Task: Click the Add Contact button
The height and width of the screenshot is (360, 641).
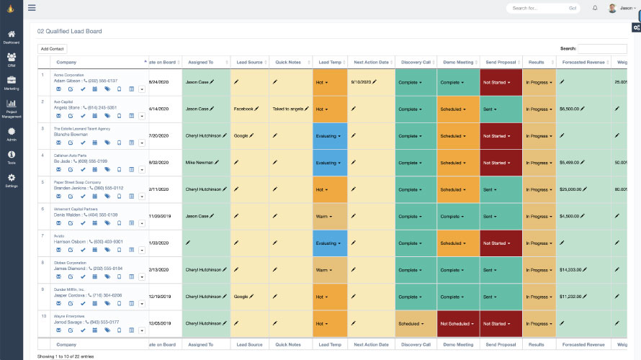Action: click(x=52, y=48)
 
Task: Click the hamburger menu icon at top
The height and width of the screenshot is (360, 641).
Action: click(x=32, y=8)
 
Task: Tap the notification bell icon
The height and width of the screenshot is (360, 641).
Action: click(x=595, y=8)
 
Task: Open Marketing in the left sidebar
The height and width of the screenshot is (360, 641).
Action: click(x=12, y=82)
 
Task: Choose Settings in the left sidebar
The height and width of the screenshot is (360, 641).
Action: click(x=12, y=180)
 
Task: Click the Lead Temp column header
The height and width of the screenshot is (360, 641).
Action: click(x=330, y=62)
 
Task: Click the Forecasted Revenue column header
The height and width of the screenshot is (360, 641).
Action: click(x=584, y=62)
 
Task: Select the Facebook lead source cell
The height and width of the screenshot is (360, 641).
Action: click(x=243, y=109)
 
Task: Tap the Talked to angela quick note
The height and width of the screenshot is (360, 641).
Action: click(x=288, y=109)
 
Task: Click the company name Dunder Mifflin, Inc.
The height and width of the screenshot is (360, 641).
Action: click(x=69, y=289)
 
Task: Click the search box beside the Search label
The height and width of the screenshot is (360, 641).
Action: click(x=602, y=48)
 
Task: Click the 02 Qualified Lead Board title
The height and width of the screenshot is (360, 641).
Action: click(x=69, y=32)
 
